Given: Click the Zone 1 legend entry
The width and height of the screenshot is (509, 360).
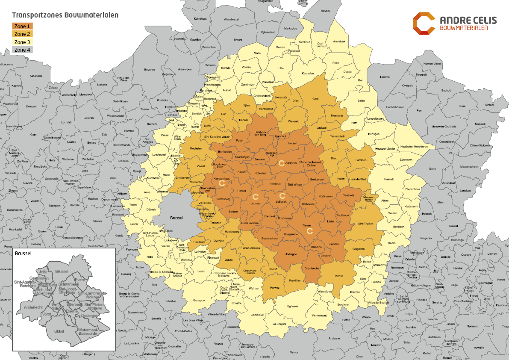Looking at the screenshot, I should [22, 26].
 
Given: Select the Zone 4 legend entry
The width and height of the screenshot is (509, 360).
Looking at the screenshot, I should [22, 50].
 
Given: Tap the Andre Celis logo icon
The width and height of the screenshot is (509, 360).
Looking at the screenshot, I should [424, 23].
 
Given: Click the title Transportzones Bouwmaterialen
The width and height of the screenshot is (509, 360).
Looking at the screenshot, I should [65, 15].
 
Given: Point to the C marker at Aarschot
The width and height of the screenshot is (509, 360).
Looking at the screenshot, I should [281, 163].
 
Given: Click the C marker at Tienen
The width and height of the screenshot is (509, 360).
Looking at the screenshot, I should [310, 231].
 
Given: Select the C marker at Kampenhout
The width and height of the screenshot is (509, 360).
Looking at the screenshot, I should [222, 183].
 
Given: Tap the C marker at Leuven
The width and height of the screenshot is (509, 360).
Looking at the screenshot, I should [255, 197].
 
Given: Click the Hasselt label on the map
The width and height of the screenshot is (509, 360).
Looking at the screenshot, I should [388, 179].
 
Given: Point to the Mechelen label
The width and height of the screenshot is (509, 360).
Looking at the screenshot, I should [196, 148].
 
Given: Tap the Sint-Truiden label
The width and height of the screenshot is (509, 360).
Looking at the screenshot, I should [366, 224].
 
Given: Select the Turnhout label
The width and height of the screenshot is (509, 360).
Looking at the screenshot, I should [304, 42].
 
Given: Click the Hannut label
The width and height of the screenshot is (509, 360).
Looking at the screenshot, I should [338, 276].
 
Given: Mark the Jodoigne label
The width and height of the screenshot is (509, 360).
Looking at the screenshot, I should [291, 254].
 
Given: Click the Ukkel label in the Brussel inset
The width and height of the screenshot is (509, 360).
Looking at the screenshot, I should [59, 331].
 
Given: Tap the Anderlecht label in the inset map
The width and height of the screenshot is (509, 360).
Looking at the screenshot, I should [34, 307].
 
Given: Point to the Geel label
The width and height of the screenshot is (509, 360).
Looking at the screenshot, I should [315, 99].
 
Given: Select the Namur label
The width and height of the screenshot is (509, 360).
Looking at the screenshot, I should [294, 352].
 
